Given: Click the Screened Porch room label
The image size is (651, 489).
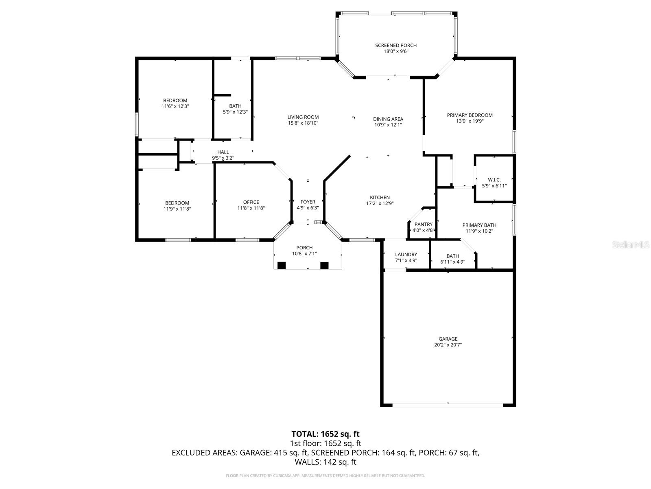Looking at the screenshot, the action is click(x=395, y=45).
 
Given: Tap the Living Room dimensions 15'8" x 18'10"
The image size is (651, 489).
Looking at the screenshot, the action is click(x=303, y=123).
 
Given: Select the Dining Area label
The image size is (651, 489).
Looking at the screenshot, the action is click(x=388, y=119).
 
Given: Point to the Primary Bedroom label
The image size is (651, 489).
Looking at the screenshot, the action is click(x=470, y=115).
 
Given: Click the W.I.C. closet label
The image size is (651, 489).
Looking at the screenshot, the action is click(x=494, y=180).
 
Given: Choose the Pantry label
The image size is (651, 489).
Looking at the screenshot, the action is click(x=423, y=225).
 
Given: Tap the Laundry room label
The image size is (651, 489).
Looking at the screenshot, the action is click(x=406, y=254).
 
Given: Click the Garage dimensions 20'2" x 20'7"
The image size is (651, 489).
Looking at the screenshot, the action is click(x=448, y=345).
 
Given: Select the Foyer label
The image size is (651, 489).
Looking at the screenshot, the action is click(x=308, y=202).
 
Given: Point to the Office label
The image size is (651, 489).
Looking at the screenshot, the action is click(x=251, y=202).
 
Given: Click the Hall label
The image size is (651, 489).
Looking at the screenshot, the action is click(x=223, y=152).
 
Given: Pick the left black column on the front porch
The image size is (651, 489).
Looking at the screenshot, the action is click(x=281, y=265).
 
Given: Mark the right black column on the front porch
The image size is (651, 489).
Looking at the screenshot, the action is click(x=324, y=265).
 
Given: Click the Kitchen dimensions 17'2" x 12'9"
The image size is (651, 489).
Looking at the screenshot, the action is click(x=380, y=203).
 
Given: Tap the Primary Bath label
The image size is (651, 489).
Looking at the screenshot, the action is click(x=479, y=225).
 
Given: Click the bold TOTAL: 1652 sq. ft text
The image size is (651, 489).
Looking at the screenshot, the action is click(x=325, y=434).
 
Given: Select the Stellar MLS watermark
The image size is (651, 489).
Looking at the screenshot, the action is click(x=631, y=244).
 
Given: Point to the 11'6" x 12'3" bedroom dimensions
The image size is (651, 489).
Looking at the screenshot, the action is click(x=175, y=106).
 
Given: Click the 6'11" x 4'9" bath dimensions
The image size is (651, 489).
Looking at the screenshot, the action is click(x=452, y=262).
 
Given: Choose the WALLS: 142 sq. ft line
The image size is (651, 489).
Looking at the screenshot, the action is click(x=325, y=462).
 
